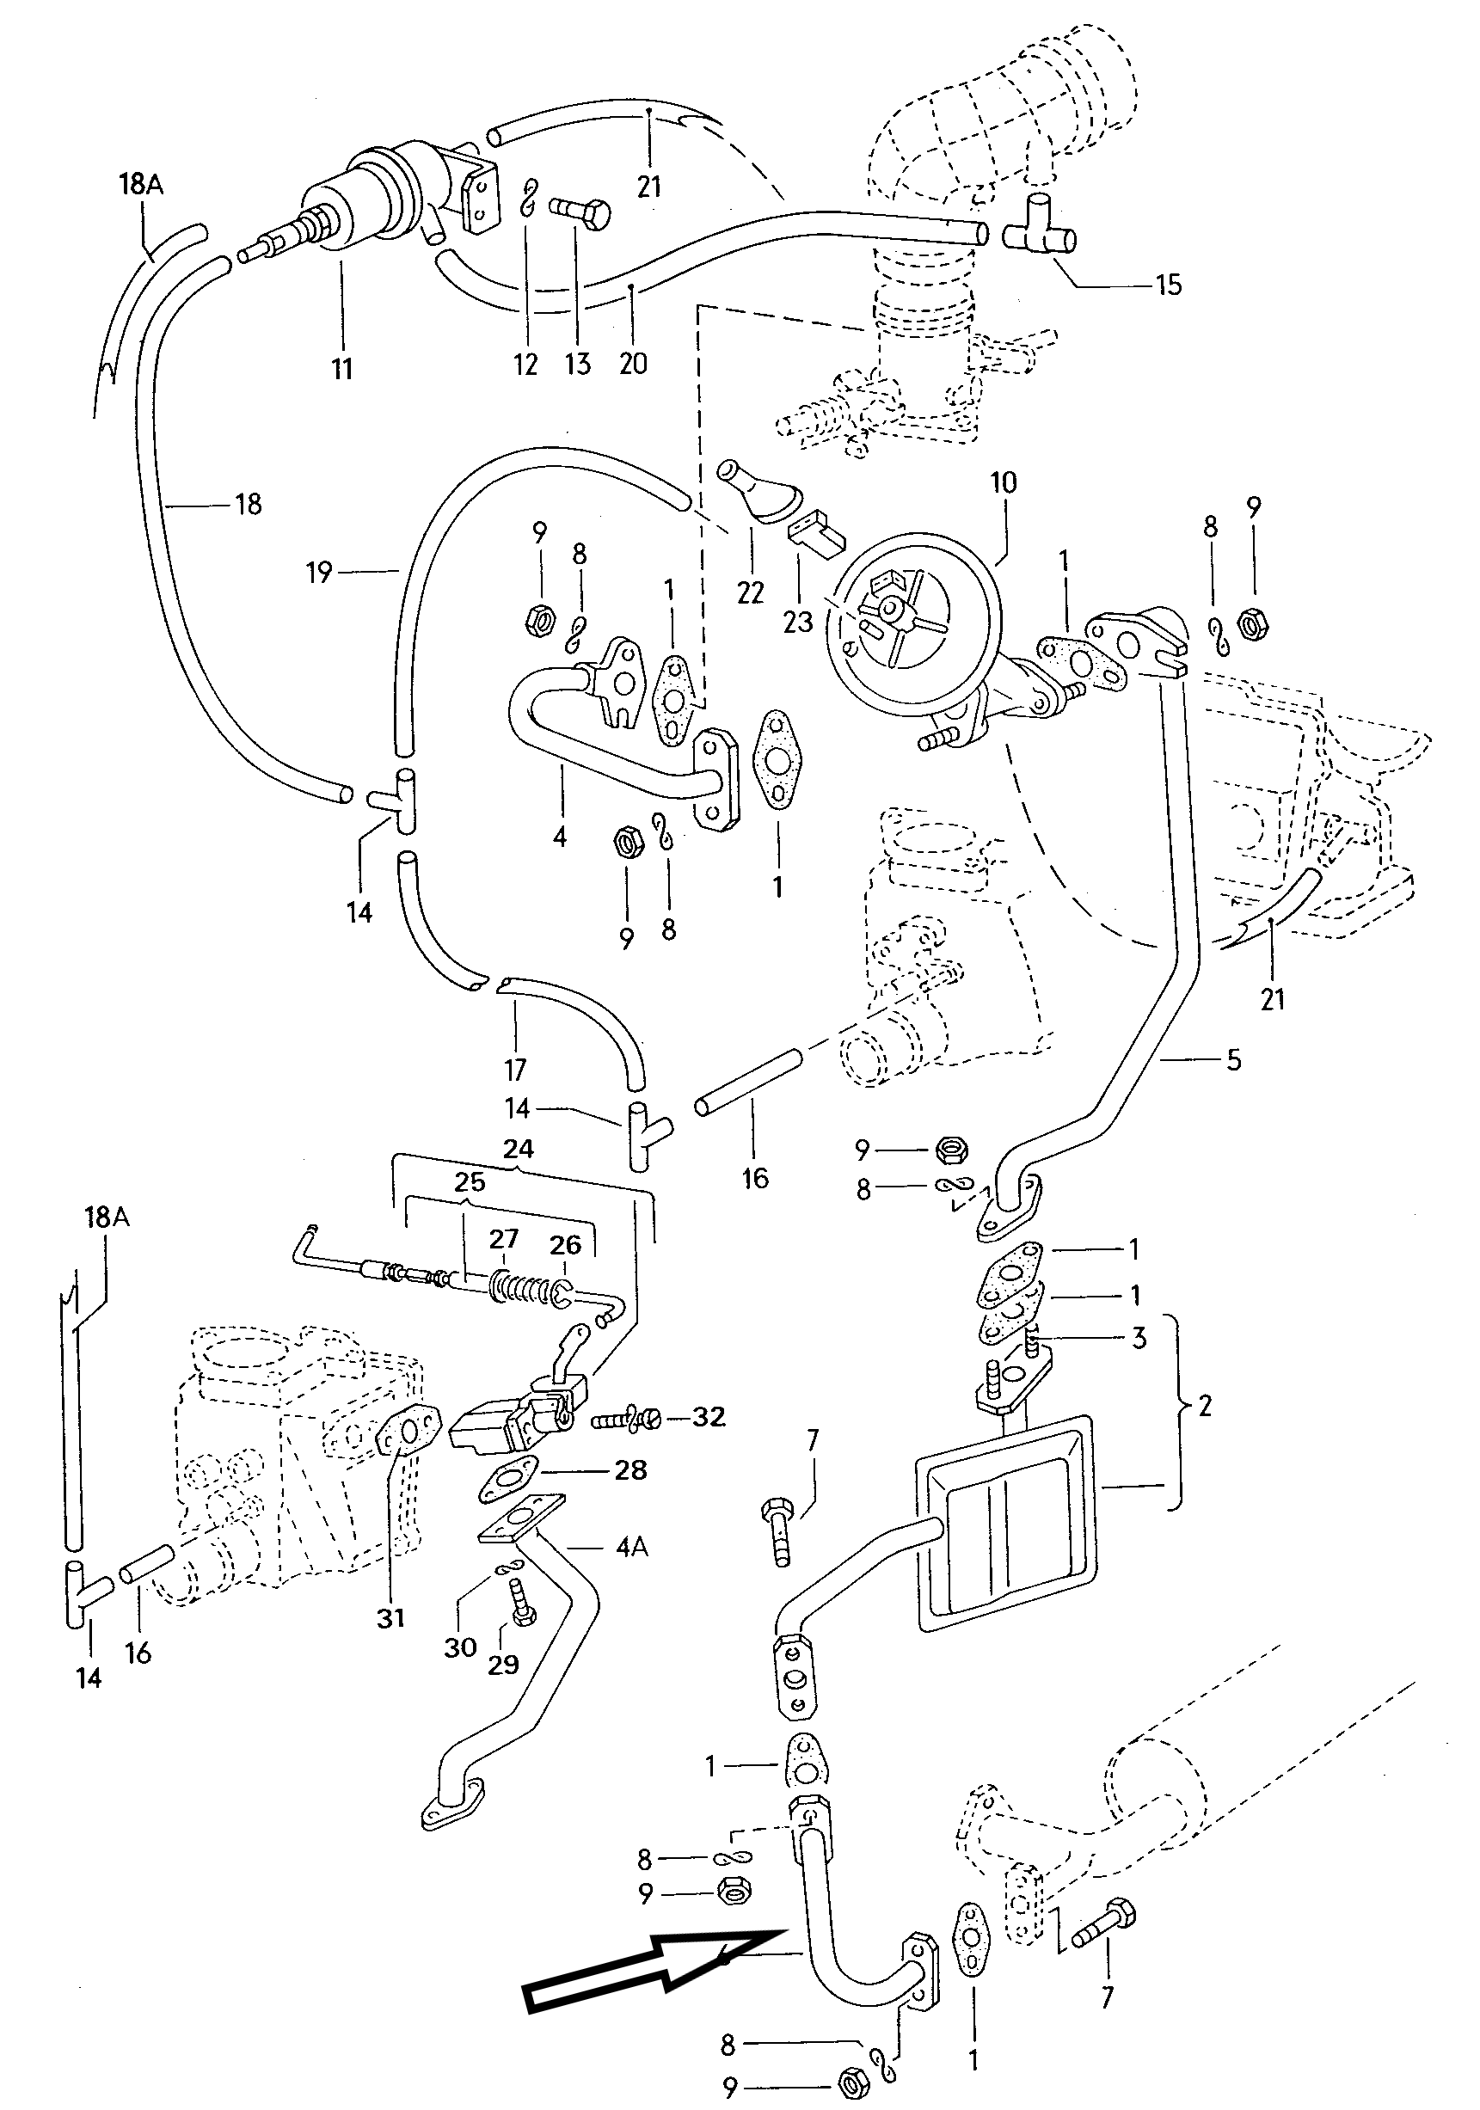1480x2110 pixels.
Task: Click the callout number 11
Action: [x=342, y=370]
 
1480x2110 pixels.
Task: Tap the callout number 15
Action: [x=1168, y=284]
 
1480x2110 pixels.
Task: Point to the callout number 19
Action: [x=318, y=574]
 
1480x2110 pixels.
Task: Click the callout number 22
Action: [x=750, y=592]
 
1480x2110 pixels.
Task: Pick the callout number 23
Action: [x=798, y=623]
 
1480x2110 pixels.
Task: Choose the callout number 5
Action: [x=1234, y=1059]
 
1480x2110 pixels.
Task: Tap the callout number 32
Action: [x=709, y=1416]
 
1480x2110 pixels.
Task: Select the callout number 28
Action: [x=630, y=1469]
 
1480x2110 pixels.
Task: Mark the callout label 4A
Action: [x=631, y=1547]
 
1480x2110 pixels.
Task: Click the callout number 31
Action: [x=390, y=1617]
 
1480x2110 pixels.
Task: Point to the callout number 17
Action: [x=515, y=1070]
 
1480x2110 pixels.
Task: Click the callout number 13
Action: [x=577, y=364]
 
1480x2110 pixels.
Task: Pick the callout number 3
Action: [x=1138, y=1338]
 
